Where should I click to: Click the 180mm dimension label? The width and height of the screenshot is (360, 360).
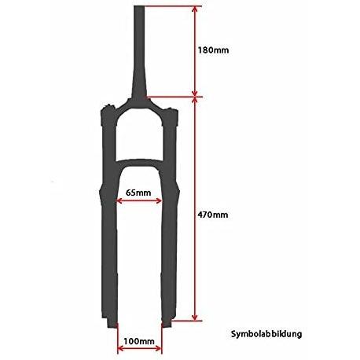tap(213, 50)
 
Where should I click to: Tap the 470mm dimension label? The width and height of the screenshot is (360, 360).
tap(213, 215)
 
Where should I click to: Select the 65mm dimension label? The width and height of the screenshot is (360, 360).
tap(138, 193)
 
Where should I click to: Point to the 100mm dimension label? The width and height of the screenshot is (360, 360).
tap(139, 341)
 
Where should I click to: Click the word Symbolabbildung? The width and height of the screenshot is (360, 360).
tap(266, 334)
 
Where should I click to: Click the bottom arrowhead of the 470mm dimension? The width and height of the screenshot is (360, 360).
tap(194, 317)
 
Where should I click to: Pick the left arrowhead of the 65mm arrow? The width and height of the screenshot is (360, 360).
tap(119, 201)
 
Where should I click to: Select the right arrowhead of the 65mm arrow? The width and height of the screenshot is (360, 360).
tap(159, 201)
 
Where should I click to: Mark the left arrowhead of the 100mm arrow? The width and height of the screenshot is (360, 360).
tap(121, 348)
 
